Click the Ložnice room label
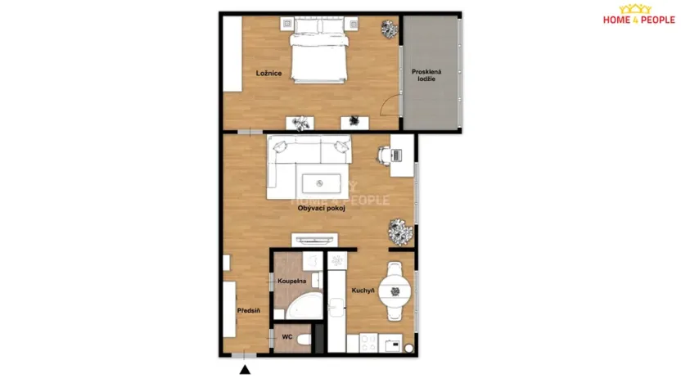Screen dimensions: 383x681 tap(268, 74)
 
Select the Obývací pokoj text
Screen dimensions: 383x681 tap(321, 209)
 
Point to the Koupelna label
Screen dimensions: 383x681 tap(291, 281)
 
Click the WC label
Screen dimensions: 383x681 tap(287, 336)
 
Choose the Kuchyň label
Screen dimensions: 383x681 tap(363, 291)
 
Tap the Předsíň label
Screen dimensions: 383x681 tap(249, 311)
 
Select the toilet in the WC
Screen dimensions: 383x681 tap(304, 339)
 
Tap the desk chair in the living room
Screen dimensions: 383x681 tap(383, 154)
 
